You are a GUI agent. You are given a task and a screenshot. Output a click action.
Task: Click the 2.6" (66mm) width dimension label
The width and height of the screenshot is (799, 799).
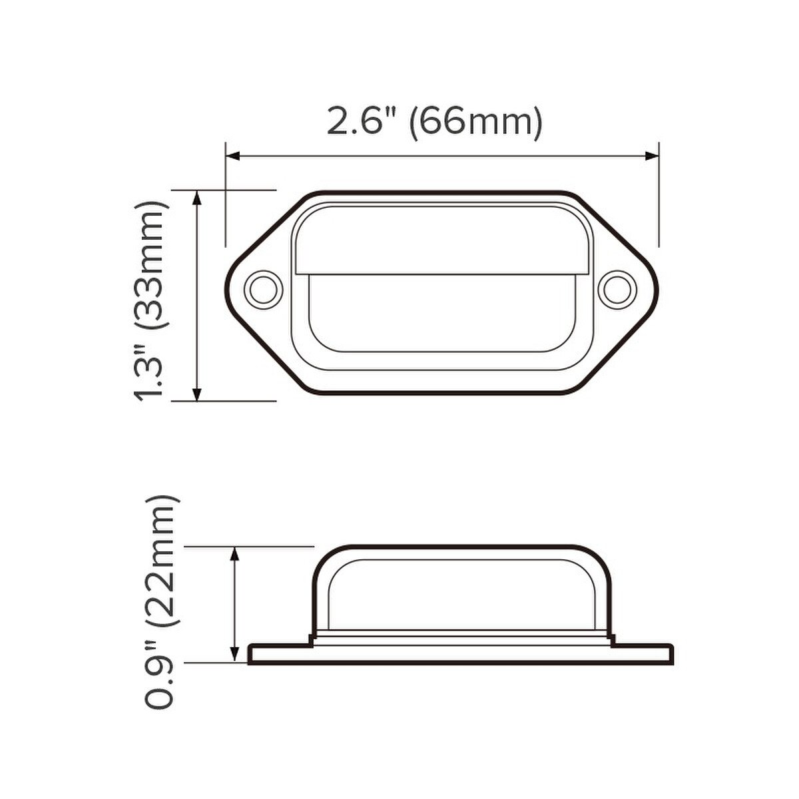coord(434,121)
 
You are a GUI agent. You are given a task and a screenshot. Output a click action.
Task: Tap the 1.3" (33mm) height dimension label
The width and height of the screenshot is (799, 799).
coord(152,300)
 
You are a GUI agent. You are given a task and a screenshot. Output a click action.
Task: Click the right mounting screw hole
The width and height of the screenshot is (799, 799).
coord(615,288)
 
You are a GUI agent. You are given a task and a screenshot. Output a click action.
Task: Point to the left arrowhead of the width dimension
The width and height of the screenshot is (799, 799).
coord(233,156)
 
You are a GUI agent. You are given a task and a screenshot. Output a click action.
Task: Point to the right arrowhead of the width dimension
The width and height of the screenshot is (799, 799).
coord(651,156)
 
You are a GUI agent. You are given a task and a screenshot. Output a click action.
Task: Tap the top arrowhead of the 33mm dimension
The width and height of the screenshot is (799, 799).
coord(197,198)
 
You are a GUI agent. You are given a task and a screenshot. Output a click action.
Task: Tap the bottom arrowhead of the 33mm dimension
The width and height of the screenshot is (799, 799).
coord(197,393)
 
